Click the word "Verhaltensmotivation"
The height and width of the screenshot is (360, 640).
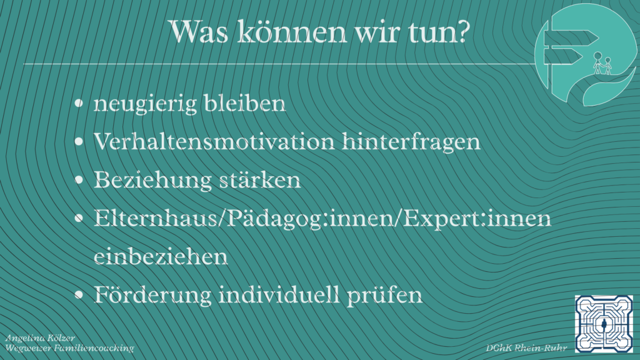pyautogui.click(x=213, y=142)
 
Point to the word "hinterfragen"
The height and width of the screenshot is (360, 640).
pyautogui.click(x=412, y=142)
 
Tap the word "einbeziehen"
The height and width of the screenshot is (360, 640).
pyautogui.click(x=161, y=257)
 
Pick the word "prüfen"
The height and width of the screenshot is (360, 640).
pyautogui.click(x=393, y=295)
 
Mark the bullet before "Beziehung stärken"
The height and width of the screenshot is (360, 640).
pyautogui.click(x=79, y=181)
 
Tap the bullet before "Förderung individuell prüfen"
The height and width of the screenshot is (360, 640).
pyautogui.click(x=79, y=296)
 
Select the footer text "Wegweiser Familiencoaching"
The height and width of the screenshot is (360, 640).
pyautogui.click(x=69, y=347)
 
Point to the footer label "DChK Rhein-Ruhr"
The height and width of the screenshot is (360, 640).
pyautogui.click(x=522, y=347)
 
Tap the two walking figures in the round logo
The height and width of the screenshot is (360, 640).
pyautogui.click(x=601, y=63)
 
